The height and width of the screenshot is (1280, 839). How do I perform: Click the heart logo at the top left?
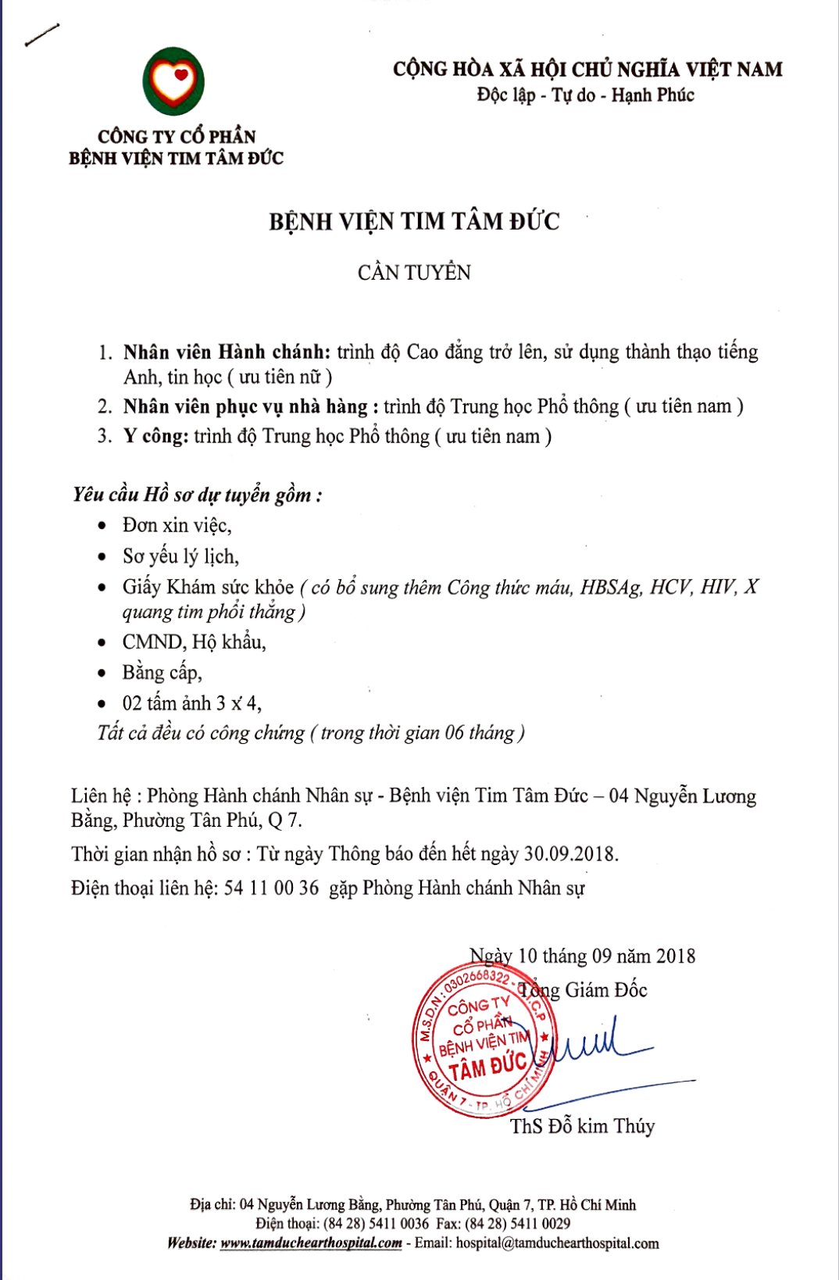pos(173,81)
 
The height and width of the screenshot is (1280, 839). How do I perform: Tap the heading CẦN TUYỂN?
pos(414,273)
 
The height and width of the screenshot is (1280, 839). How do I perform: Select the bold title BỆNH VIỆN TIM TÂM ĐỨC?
pos(414,222)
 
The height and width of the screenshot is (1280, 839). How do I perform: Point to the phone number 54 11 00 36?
pos(271,888)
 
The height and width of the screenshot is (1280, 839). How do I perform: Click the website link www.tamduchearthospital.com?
pos(311,1242)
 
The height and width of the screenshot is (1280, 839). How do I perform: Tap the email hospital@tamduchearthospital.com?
pos(557,1242)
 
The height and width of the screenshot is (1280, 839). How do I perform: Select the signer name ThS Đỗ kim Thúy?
pos(582,1126)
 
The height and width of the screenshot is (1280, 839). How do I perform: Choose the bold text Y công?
pos(155,436)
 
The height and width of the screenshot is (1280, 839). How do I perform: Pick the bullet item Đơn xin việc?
pos(177,525)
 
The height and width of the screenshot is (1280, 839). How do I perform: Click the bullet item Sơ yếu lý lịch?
pos(180,556)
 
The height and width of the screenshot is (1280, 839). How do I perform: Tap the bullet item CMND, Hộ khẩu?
pos(194,642)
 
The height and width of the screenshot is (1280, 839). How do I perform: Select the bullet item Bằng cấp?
pos(162,672)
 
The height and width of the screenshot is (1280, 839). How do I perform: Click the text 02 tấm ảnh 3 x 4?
pos(191,703)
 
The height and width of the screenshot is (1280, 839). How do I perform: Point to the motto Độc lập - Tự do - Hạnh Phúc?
pos(585,95)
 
